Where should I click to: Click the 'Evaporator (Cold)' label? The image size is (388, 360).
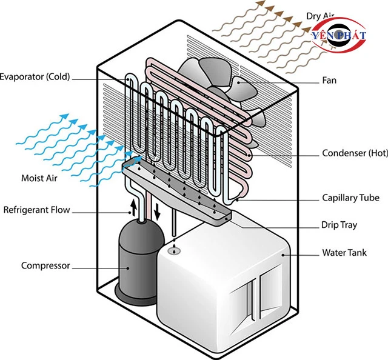[35, 77]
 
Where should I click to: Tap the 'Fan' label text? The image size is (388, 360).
[330, 80]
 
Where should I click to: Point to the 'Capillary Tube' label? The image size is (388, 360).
[350, 198]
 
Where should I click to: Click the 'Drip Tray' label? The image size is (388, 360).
[339, 225]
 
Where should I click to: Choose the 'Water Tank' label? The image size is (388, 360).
[344, 252]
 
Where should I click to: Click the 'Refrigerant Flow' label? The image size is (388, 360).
[37, 210]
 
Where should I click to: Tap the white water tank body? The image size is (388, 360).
[200, 285]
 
